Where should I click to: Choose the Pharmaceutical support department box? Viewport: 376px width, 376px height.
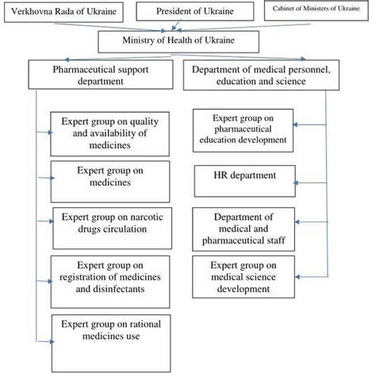[x=99, y=75]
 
